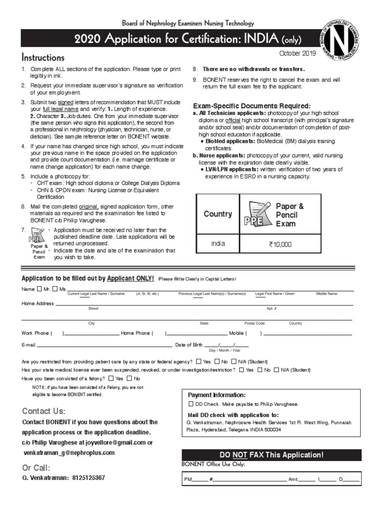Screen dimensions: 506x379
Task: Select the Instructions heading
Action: (43, 58)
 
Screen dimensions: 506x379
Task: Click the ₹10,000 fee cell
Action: (280, 244)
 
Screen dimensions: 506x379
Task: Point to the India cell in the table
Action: (218, 244)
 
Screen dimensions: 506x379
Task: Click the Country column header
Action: (218, 214)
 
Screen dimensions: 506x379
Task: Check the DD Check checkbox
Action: (191, 404)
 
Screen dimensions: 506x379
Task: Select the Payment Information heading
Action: (216, 395)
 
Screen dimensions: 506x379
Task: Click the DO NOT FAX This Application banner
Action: (271, 455)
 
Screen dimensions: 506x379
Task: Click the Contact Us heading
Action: (44, 411)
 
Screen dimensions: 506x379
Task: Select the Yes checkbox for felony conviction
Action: (111, 379)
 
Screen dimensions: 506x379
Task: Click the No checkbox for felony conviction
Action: (130, 379)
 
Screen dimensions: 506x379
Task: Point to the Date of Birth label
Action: (189, 345)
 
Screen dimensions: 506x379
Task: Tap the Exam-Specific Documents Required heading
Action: (252, 106)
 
